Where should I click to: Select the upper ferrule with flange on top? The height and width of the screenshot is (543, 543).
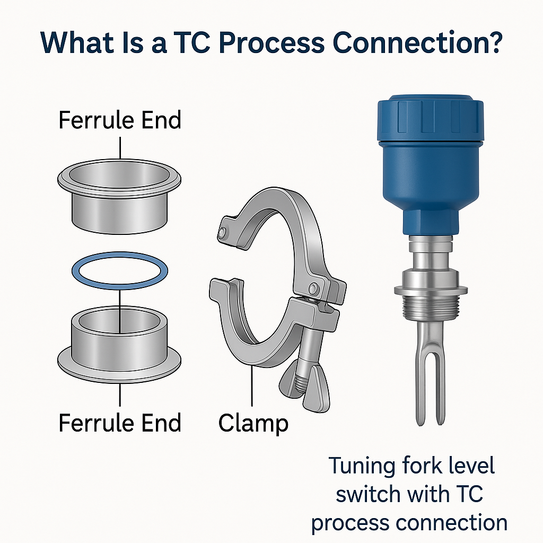click(119, 196)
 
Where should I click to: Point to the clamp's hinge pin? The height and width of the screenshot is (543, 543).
click(314, 287)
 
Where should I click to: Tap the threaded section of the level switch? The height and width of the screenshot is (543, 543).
click(431, 308)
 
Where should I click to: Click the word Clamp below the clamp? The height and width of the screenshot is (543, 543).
click(253, 423)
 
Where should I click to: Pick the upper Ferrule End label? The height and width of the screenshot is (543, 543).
click(120, 120)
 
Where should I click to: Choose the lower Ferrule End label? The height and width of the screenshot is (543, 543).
click(120, 423)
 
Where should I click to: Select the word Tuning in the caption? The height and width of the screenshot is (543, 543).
click(362, 466)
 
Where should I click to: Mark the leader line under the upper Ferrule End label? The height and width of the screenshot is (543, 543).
click(120, 148)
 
